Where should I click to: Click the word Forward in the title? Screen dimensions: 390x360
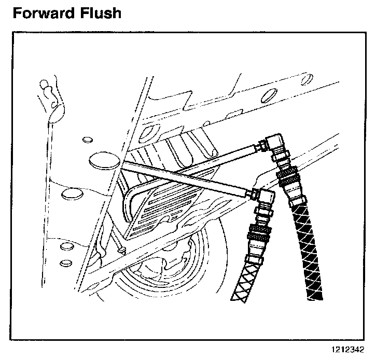(42, 12)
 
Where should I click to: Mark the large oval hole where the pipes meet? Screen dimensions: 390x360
(101, 160)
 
